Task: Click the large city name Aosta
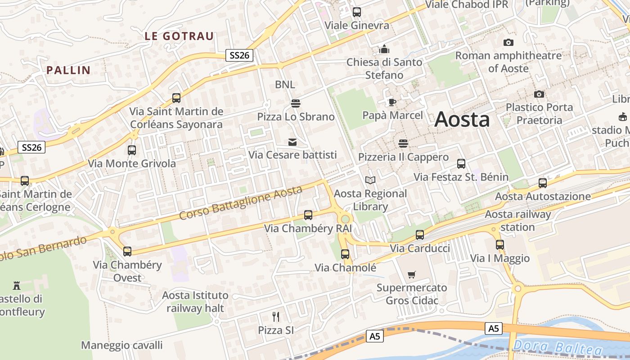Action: coord(462,119)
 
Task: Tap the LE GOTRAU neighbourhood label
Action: coord(179,36)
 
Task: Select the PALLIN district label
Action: coord(68,70)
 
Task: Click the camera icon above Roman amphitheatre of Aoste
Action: coord(508,43)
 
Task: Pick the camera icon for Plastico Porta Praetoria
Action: coord(539,94)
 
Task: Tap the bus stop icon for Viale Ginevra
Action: coord(357,12)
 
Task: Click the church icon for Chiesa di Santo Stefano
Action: coord(384,49)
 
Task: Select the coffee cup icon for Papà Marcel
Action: coord(392,102)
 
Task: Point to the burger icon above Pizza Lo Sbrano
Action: coord(296,103)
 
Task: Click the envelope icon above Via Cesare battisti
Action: coord(292,142)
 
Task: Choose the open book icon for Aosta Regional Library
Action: coord(370,180)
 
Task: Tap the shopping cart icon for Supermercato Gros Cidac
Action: coord(411,274)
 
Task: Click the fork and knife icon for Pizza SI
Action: coord(276,317)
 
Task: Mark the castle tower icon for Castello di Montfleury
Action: coord(17,285)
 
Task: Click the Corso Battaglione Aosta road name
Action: coord(240,202)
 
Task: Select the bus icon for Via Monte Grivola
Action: coord(132,150)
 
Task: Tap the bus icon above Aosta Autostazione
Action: coord(543,183)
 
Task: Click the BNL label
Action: coord(285,85)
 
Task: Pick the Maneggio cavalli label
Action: coord(121,345)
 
